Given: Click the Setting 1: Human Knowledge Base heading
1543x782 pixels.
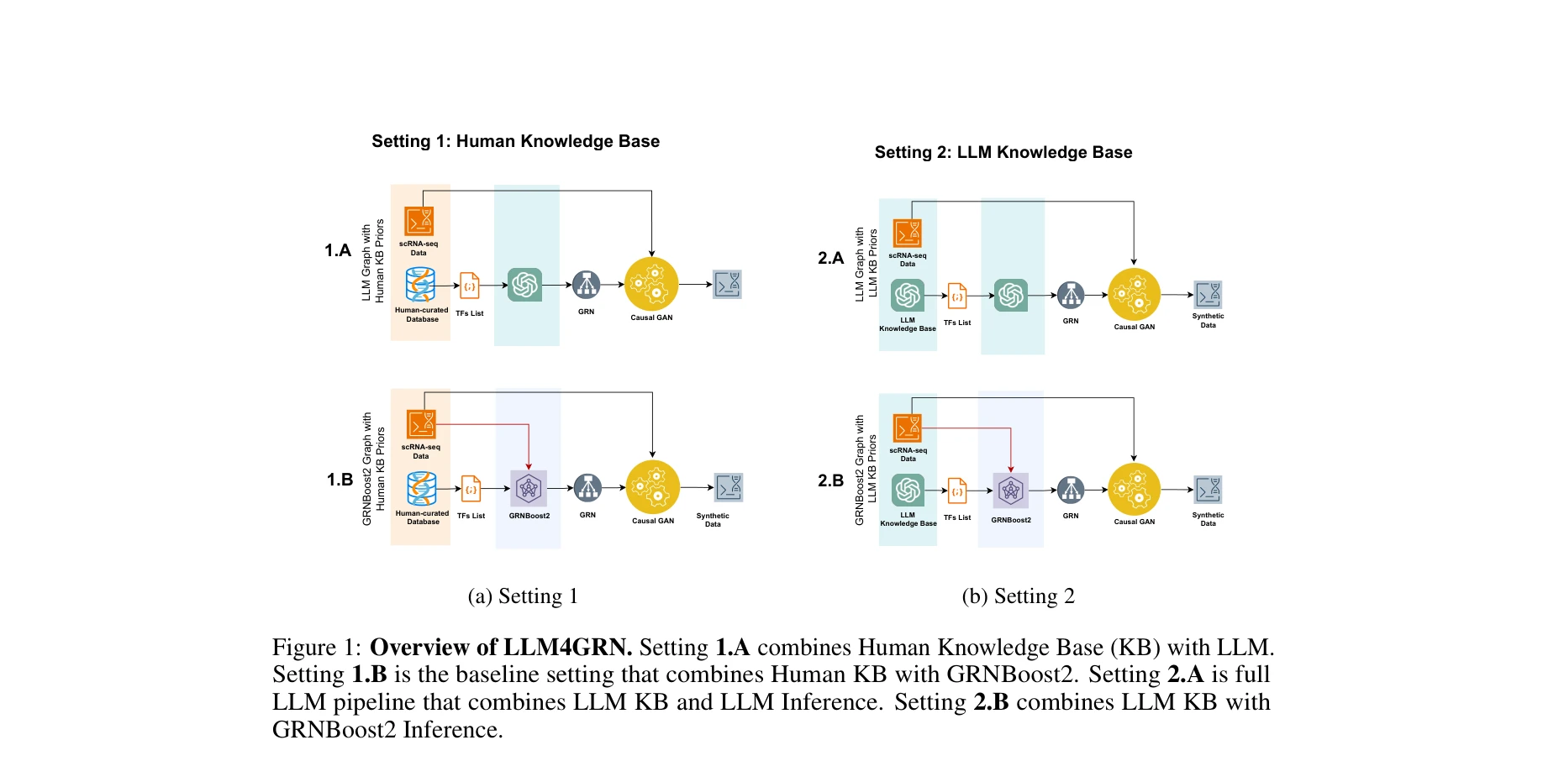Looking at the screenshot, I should click(515, 141).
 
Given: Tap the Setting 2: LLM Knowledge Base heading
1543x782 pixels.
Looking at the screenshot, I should click(1003, 152).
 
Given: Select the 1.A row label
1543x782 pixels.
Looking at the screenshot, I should click(338, 250).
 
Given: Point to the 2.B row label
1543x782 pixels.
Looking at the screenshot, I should click(830, 480).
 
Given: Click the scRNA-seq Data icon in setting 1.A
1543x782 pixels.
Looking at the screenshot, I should click(419, 222).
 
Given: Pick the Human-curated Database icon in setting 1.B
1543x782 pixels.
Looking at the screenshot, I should click(421, 489).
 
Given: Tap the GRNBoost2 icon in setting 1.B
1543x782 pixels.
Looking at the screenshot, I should click(529, 488).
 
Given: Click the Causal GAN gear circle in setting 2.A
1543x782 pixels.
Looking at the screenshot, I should click(1134, 295).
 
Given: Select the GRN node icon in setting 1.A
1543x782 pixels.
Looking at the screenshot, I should click(586, 286).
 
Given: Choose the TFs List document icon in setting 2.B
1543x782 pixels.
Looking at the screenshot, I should click(957, 491).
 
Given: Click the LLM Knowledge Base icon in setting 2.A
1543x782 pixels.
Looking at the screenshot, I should click(908, 295).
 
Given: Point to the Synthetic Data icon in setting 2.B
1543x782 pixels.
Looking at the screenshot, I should click(1208, 490).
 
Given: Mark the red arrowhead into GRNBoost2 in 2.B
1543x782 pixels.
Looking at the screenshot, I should click(1011, 469).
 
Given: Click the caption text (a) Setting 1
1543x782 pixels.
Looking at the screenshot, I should click(523, 596).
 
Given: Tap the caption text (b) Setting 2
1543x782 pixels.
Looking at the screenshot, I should click(1018, 596).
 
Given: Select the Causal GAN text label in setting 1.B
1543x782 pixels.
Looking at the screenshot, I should click(653, 521).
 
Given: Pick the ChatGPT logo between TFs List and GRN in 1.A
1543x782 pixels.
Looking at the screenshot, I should click(525, 286).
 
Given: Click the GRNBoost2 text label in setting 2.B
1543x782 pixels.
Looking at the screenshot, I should click(1011, 520).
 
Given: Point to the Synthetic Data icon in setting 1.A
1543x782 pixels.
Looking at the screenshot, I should click(727, 285).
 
